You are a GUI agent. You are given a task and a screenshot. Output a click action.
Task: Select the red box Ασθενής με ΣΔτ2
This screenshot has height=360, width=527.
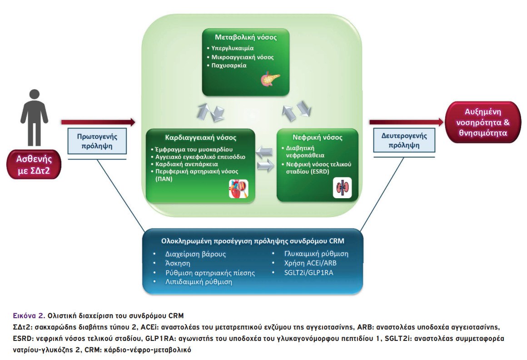(33, 165)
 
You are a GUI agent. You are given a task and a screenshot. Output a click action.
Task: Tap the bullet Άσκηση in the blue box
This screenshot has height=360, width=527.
(178, 263)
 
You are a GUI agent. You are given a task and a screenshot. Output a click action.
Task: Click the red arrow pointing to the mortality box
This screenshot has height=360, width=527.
(406, 122)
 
